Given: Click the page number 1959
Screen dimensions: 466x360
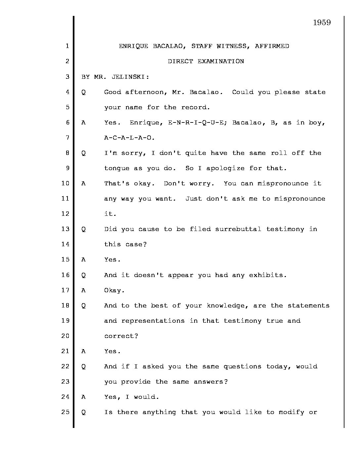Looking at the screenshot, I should point(322,23).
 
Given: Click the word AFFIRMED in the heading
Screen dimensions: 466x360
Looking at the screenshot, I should point(272,46).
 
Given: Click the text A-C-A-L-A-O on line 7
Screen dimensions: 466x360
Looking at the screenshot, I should point(129,138).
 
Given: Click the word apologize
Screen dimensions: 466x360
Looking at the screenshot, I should point(225,168).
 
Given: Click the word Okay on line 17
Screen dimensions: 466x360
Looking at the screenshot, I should point(112,290).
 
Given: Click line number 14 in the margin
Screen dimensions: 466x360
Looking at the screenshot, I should point(65,244).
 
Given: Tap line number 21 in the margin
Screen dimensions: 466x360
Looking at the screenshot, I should point(65,351).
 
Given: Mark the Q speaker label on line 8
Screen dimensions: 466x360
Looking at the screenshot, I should point(83,153).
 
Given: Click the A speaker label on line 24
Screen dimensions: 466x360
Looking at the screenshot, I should point(83,397).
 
